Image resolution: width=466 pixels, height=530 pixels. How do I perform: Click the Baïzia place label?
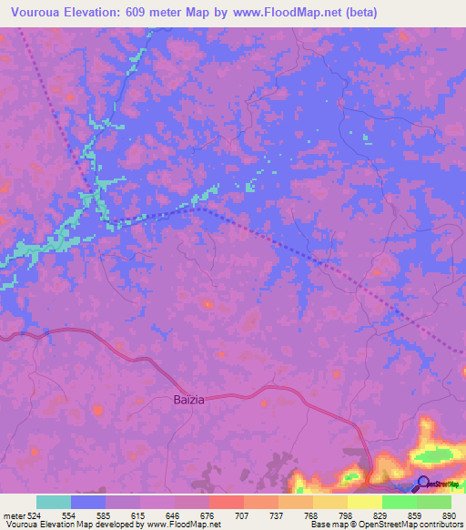pyautogui.click(x=191, y=400)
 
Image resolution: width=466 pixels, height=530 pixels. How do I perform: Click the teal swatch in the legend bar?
pyautogui.click(x=54, y=502)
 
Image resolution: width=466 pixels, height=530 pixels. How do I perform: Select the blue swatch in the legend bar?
pyautogui.click(x=88, y=502)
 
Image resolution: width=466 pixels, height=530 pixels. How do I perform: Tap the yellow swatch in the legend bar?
pyautogui.click(x=364, y=502)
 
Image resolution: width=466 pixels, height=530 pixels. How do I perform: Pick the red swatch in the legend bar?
pyautogui.click(x=226, y=502)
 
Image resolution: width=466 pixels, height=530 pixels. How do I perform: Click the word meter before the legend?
pyautogui.click(x=13, y=515)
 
